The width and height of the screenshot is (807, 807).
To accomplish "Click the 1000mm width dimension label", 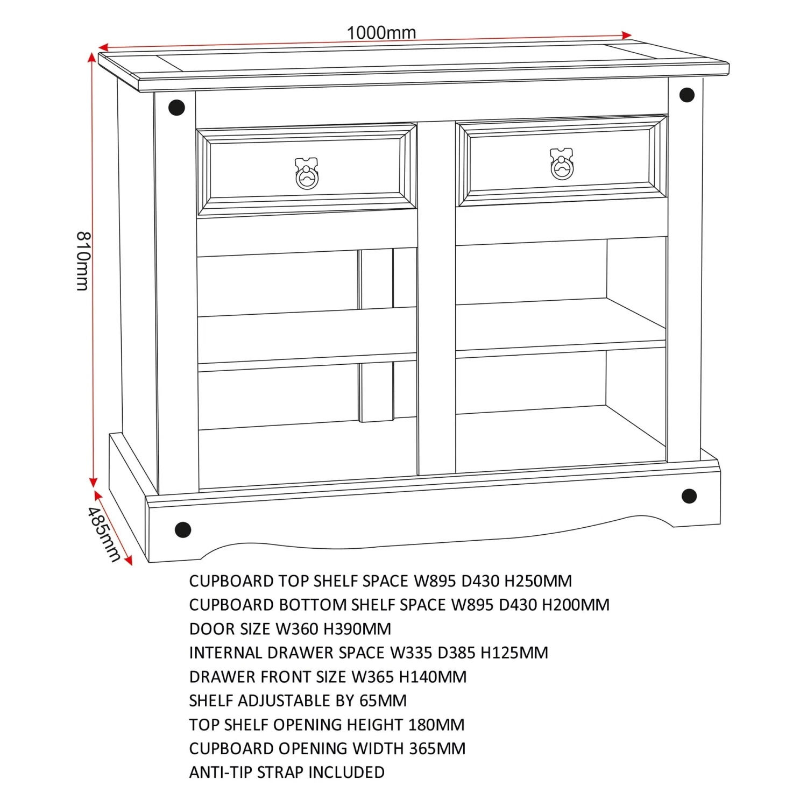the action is pos(381,32).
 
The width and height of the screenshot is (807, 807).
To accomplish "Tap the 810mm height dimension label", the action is pos(83,261).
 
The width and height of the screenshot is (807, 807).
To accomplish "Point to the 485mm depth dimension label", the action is pos(103,534).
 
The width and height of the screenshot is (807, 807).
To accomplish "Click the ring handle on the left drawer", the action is pos(307,174).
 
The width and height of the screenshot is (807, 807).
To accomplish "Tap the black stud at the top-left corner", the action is pos(176,108).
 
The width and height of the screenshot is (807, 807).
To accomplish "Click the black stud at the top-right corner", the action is pos(687,95).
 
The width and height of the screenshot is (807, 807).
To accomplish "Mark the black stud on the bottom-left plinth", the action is pos(183,529).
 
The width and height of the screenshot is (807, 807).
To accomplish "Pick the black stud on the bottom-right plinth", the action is pos(689,496).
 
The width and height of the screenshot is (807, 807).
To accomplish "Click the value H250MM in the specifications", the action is pos(538,581).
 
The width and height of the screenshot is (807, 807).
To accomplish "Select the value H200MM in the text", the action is pos(576,605).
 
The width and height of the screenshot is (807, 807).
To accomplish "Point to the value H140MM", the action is pos(433,677).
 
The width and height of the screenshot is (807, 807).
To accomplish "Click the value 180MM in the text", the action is pos(436,725).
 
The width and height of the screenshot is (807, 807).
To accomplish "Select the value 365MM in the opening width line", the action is pos(437,748).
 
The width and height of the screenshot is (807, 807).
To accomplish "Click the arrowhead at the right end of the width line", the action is pos(626,36).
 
